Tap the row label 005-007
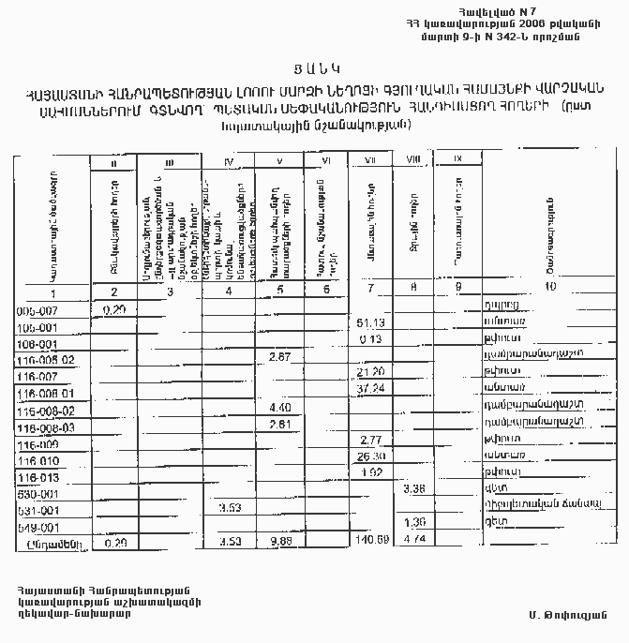pos(38,308)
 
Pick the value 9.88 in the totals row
pos(281,541)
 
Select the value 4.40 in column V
pos(280,408)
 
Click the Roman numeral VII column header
pos(369,160)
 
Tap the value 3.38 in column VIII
pos(413,488)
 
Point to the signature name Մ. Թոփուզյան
pos(563,614)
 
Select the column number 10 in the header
pos(549,287)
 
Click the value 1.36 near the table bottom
pos(413,522)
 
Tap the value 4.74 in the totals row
pos(413,541)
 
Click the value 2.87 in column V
pos(280,357)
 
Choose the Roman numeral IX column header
pos(457,157)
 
